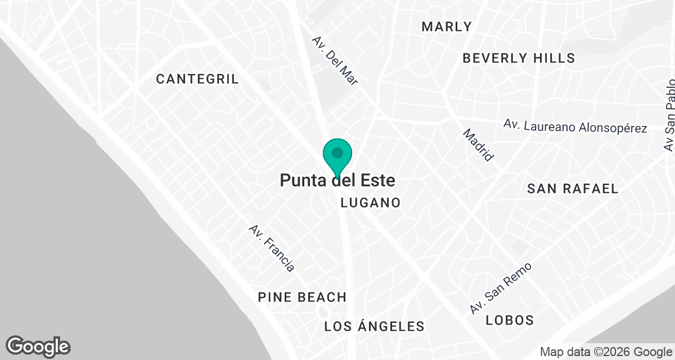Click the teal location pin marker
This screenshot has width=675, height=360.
(337, 157)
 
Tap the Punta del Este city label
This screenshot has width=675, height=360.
(337, 181)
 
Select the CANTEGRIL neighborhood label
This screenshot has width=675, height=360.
(197, 79)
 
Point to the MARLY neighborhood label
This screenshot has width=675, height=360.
(447, 26)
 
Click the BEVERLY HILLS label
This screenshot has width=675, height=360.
(519, 58)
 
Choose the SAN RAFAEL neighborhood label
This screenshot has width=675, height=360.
(573, 188)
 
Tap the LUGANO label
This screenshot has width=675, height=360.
(371, 202)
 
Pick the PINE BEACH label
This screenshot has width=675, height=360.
(302, 297)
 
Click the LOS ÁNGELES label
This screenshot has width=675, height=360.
(374, 326)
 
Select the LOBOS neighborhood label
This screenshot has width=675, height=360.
(510, 320)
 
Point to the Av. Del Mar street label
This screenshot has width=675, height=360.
(336, 61)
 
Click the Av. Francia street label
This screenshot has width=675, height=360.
(272, 248)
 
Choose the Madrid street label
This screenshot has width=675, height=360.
(479, 145)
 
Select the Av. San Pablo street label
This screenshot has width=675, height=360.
(669, 115)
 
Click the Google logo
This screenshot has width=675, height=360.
(38, 346)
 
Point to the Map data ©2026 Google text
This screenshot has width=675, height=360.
(605, 352)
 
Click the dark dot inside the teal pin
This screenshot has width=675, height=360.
(337, 152)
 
